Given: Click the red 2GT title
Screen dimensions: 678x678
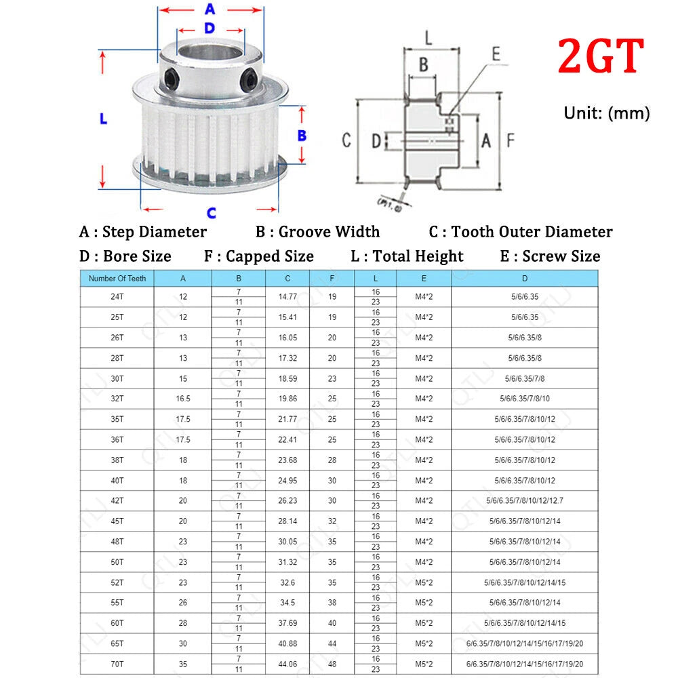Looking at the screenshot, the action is pyautogui.click(x=601, y=56).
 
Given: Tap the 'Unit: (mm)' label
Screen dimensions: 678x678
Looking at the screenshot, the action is pyautogui.click(x=607, y=113).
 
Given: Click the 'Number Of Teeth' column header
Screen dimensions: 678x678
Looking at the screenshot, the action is pyautogui.click(x=117, y=279).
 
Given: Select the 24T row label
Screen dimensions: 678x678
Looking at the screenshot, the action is pyautogui.click(x=117, y=297).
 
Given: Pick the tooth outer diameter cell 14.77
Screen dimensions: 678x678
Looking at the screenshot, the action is pyautogui.click(x=287, y=297).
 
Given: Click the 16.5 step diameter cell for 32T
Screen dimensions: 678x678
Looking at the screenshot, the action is pyautogui.click(x=183, y=399).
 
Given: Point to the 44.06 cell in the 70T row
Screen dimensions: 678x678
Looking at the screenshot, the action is pyautogui.click(x=287, y=664).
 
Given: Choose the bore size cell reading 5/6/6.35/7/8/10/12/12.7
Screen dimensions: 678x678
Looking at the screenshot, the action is pyautogui.click(x=525, y=501).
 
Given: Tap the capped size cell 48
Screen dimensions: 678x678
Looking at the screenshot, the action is pyautogui.click(x=332, y=664).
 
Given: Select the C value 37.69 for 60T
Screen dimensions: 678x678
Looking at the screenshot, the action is pyautogui.click(x=287, y=623).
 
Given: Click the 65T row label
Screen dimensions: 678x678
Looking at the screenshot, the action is pyautogui.click(x=117, y=643).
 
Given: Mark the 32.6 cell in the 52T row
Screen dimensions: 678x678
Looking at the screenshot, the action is pyautogui.click(x=287, y=582).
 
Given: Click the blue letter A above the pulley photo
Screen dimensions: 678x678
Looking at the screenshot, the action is pyautogui.click(x=210, y=9).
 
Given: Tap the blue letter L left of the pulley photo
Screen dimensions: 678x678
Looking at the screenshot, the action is pyautogui.click(x=103, y=119).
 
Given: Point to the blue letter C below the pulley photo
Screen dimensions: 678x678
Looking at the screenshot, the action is pyautogui.click(x=211, y=213).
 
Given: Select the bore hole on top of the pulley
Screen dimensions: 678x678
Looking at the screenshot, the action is pyautogui.click(x=211, y=53).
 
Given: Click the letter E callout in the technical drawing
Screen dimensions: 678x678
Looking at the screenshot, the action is pyautogui.click(x=496, y=54).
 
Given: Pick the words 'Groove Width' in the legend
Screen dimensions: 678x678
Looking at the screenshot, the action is pyautogui.click(x=329, y=232).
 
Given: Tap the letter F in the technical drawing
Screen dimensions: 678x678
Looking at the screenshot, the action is pyautogui.click(x=511, y=140).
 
